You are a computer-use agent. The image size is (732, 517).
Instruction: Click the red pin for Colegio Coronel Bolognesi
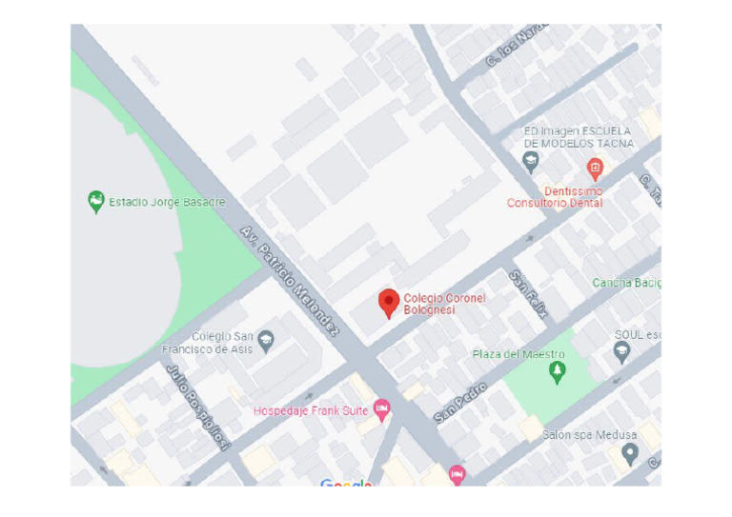(x=388, y=303)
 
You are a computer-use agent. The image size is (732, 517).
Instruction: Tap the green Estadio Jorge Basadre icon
(x=95, y=202)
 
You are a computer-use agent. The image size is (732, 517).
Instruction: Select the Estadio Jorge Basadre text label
(x=167, y=202)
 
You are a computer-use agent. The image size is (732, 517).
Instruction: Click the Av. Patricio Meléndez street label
(x=290, y=281)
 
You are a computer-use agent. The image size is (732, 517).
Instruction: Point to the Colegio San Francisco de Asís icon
(x=266, y=338)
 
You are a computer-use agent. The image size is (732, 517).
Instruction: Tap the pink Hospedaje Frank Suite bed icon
(x=382, y=409)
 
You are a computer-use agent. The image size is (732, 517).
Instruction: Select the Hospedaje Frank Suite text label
(x=312, y=411)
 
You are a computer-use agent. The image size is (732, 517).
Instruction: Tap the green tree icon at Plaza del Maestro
(x=558, y=372)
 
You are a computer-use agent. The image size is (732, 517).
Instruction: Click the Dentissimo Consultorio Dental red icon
(x=595, y=169)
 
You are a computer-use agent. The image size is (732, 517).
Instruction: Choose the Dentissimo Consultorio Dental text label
(x=555, y=197)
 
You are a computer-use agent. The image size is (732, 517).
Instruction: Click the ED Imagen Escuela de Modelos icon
(x=531, y=162)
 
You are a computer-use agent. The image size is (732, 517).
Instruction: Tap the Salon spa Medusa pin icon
(x=629, y=453)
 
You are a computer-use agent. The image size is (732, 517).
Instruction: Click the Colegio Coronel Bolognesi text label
(x=444, y=304)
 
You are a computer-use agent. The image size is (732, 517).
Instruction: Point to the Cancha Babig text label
(x=626, y=283)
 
